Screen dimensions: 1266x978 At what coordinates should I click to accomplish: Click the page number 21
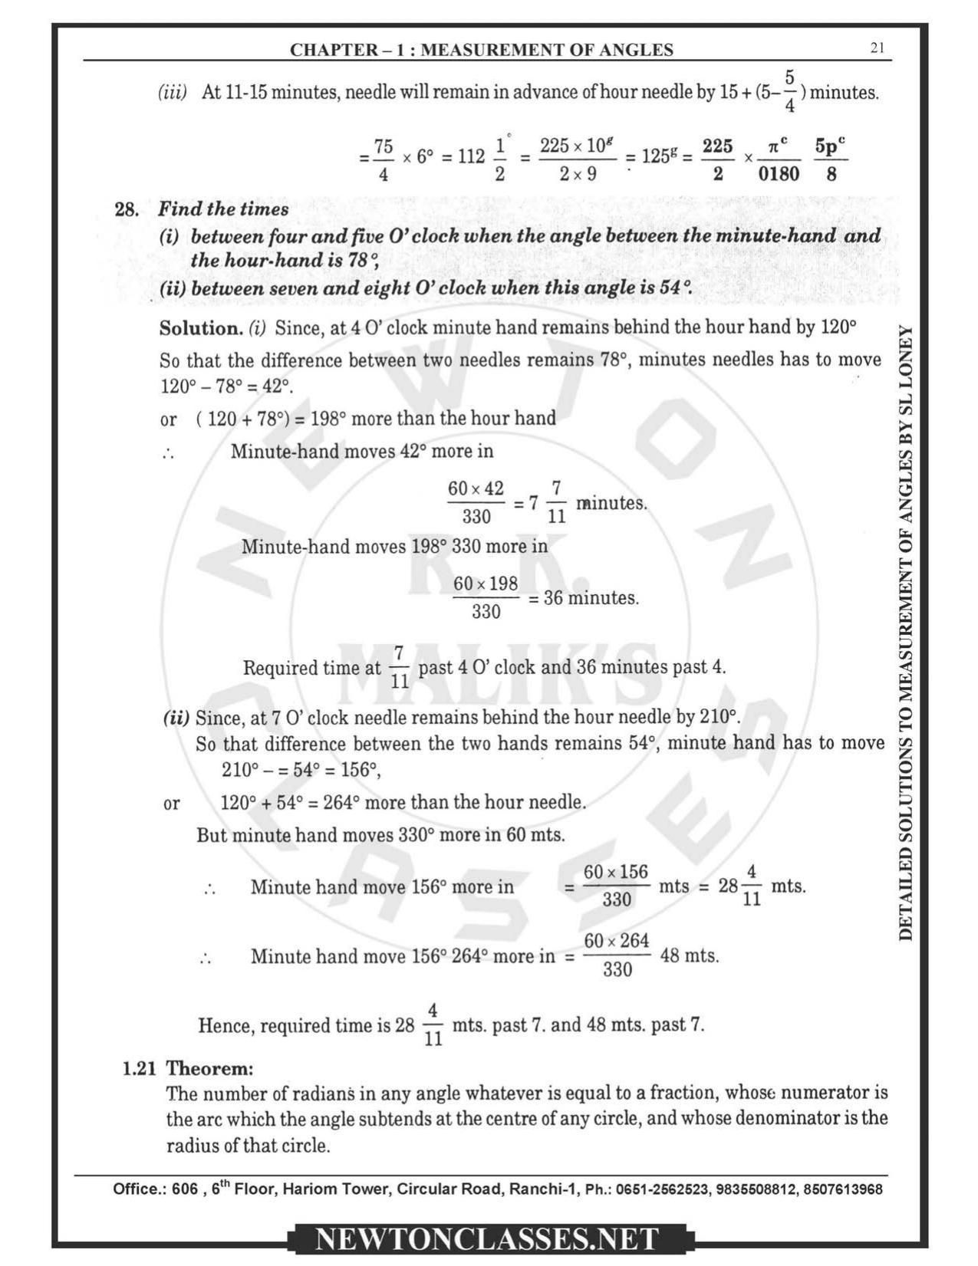878,48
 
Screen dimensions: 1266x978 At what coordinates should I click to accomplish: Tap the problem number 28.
126,209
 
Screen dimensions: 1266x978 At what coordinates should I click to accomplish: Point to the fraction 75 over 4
384,159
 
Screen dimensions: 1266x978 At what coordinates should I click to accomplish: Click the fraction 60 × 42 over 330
476,502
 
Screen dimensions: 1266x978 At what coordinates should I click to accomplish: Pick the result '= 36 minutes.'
584,597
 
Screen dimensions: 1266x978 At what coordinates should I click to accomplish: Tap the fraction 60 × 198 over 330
486,597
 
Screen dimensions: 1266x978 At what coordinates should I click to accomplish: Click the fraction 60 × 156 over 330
616,886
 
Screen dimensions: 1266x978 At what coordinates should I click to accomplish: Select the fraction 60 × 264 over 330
617,955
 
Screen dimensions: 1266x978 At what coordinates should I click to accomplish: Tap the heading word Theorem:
209,1068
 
